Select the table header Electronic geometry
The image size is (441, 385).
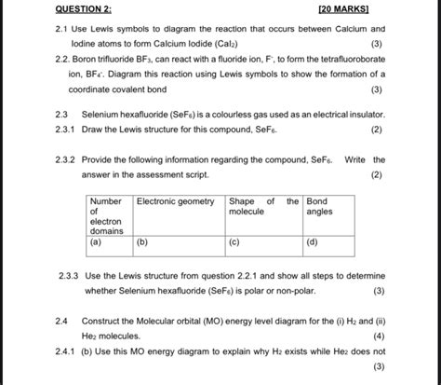click(176, 201)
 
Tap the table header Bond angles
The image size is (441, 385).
click(317, 207)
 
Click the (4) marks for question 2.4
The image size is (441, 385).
click(378, 336)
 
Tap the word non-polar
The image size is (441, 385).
click(295, 291)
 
